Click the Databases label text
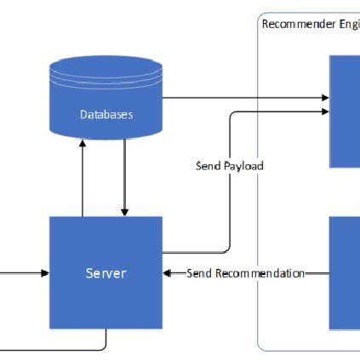point(106,114)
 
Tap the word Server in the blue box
point(106,273)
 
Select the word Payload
point(243,166)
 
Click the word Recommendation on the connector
point(259,273)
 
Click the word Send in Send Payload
point(209,166)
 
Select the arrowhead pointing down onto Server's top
point(125,211)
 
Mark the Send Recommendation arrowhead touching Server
point(167,273)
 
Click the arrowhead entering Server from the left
point(44,273)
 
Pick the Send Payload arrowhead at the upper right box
point(325,111)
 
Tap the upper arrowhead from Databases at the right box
point(325,98)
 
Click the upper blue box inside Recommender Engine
point(345,111)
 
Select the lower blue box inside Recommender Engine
point(345,272)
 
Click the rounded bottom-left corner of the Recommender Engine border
point(261,346)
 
